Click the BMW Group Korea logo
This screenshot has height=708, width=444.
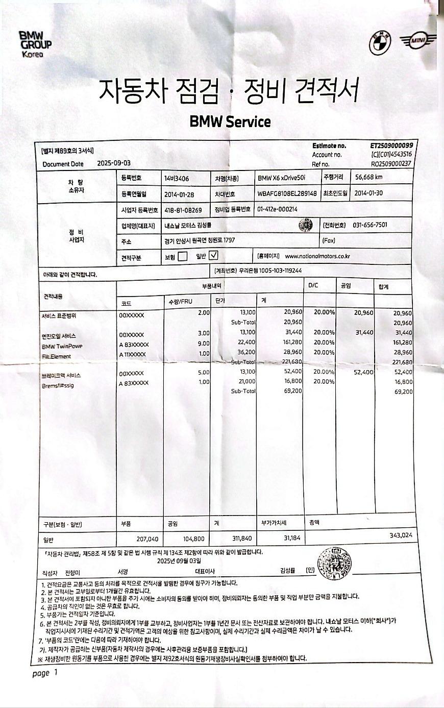(35, 43)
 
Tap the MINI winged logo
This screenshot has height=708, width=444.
(418, 41)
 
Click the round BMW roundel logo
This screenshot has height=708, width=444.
(379, 42)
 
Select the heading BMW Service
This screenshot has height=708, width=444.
(230, 121)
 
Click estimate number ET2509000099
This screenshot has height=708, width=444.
(391, 146)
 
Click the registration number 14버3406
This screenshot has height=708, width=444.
(177, 179)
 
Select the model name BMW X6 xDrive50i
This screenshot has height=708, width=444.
(282, 179)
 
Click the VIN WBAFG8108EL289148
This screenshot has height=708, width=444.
(287, 194)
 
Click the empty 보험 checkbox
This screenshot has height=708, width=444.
(182, 256)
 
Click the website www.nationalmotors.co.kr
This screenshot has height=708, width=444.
(317, 256)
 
